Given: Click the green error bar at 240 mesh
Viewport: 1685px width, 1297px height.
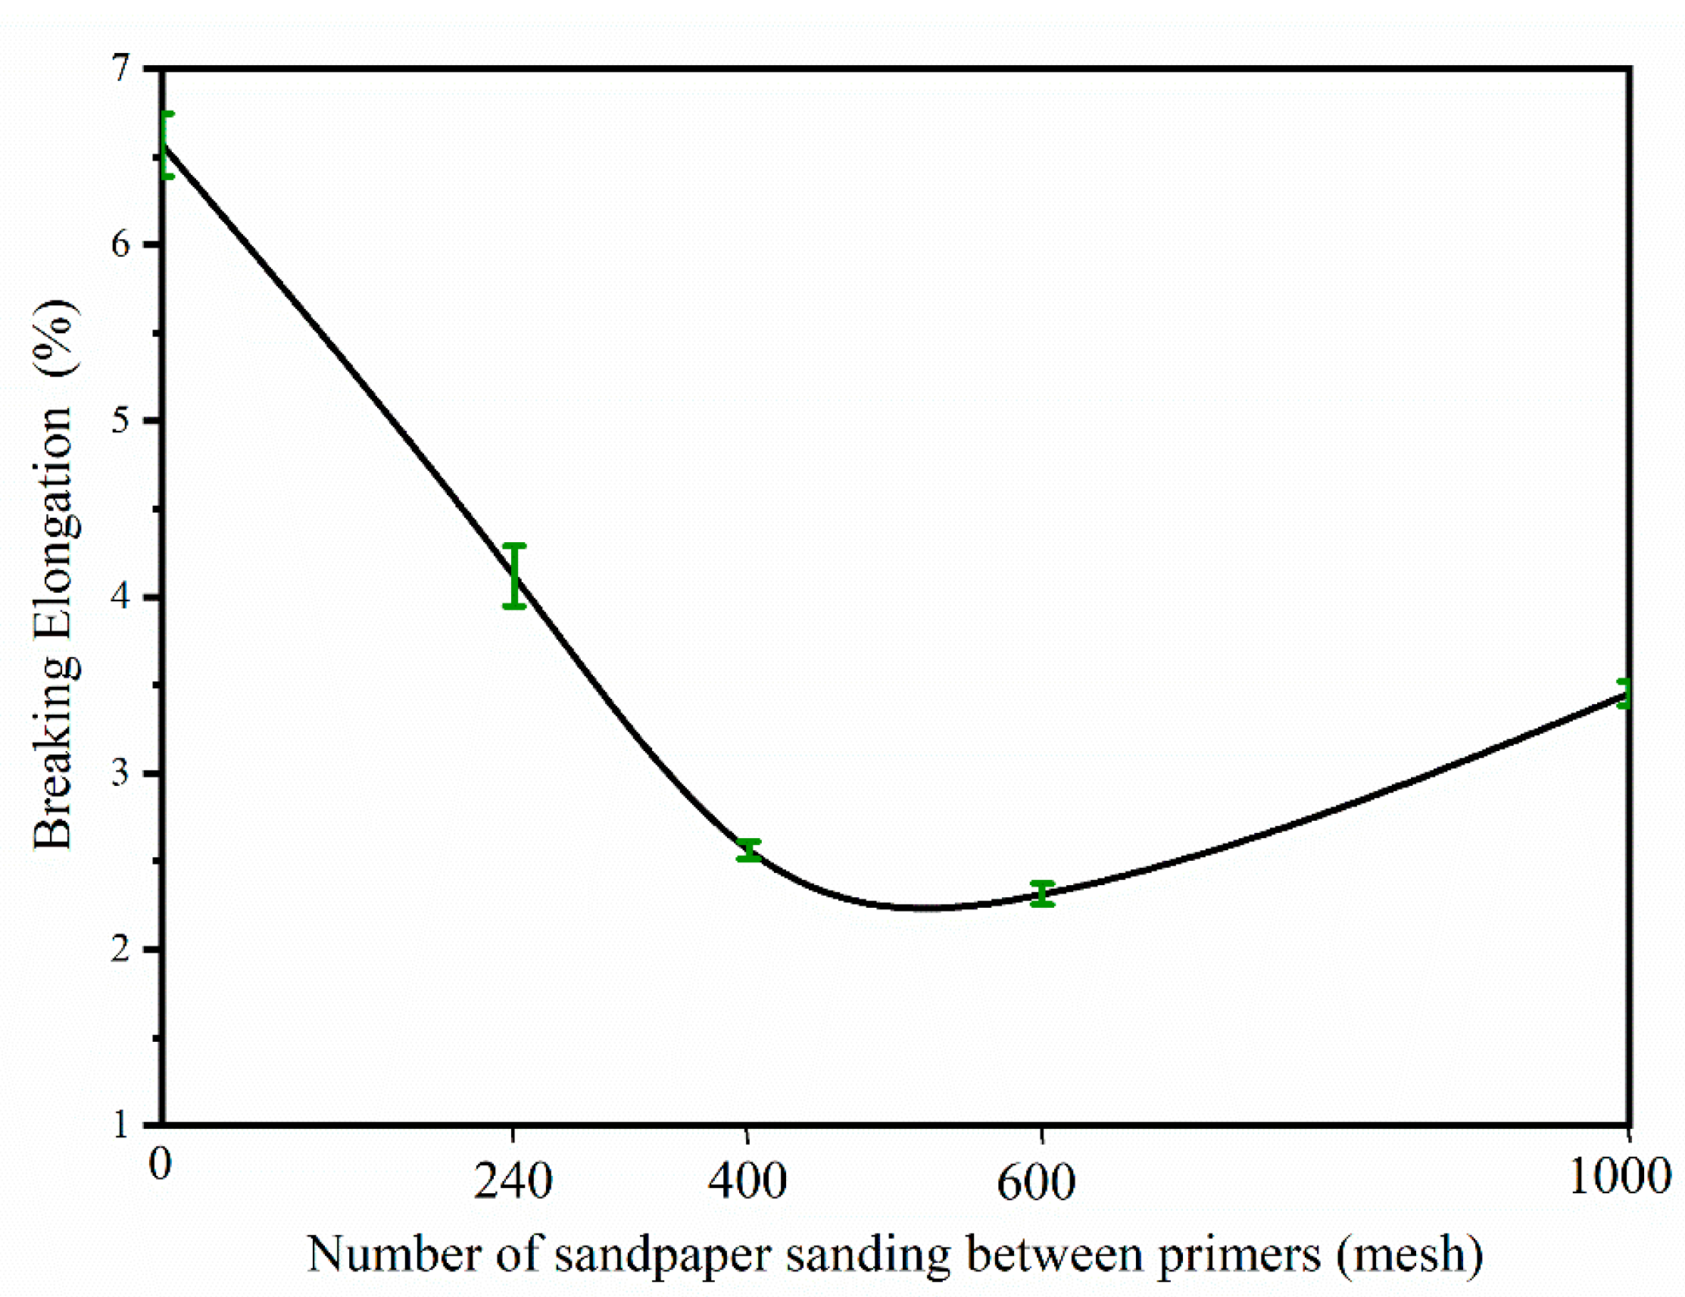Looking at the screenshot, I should click(515, 575).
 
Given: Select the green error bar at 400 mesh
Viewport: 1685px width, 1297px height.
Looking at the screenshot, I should click(748, 850).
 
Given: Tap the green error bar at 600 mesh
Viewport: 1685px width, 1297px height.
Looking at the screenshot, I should click(1042, 893).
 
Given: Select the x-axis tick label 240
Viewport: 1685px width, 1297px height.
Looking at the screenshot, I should click(513, 1181).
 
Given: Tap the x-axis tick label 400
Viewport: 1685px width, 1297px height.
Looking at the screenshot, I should click(747, 1181).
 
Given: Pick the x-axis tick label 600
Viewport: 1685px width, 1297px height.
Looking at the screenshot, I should click(1036, 1181).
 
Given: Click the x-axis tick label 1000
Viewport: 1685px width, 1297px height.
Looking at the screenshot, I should click(1619, 1177).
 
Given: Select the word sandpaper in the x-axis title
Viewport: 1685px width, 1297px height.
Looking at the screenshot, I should click(663, 1256).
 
